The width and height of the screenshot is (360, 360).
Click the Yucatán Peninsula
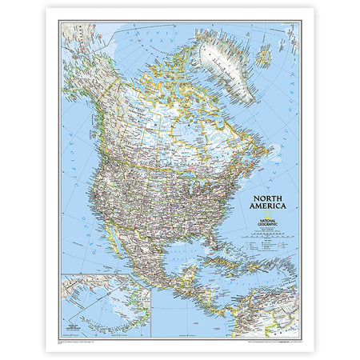pos(189,275)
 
